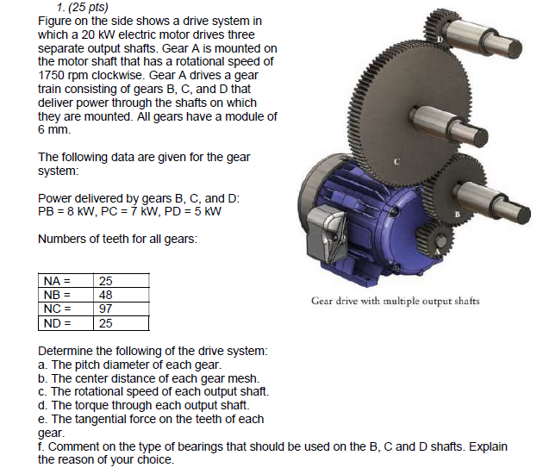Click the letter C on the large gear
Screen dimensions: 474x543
pyautogui.click(x=396, y=161)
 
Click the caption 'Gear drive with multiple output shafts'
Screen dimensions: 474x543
pyautogui.click(x=396, y=301)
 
